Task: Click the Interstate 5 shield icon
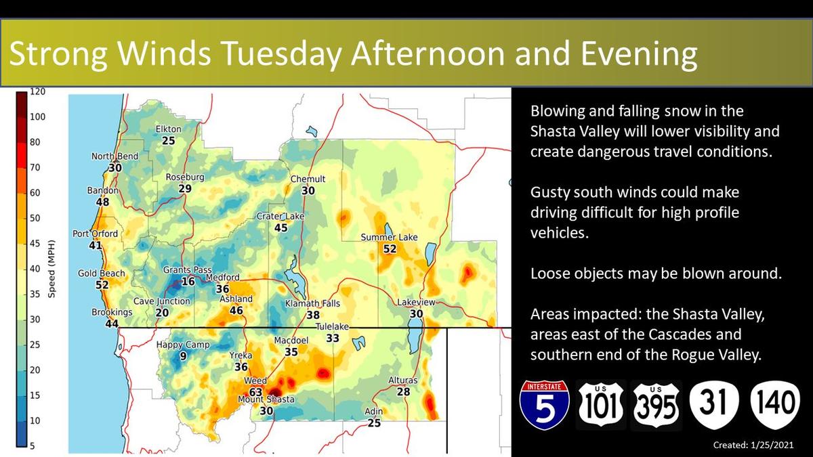(x=545, y=405)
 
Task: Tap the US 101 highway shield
(x=601, y=405)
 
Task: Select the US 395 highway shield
(x=656, y=405)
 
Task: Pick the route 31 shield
(x=714, y=405)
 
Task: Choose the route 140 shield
(x=775, y=405)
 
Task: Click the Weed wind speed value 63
(x=255, y=392)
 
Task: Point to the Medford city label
(x=222, y=278)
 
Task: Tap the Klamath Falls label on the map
(x=312, y=303)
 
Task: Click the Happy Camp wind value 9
(x=184, y=356)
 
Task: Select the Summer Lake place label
(x=389, y=237)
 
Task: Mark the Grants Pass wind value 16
(x=188, y=281)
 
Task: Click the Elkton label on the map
(x=169, y=129)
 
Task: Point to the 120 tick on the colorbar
(x=37, y=91)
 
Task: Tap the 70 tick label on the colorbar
(x=35, y=168)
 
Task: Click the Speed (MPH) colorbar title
(x=51, y=269)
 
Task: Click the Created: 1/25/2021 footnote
(x=753, y=445)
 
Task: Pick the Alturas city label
(x=403, y=380)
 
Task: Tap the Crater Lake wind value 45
(x=280, y=227)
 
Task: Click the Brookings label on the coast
(x=112, y=312)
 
